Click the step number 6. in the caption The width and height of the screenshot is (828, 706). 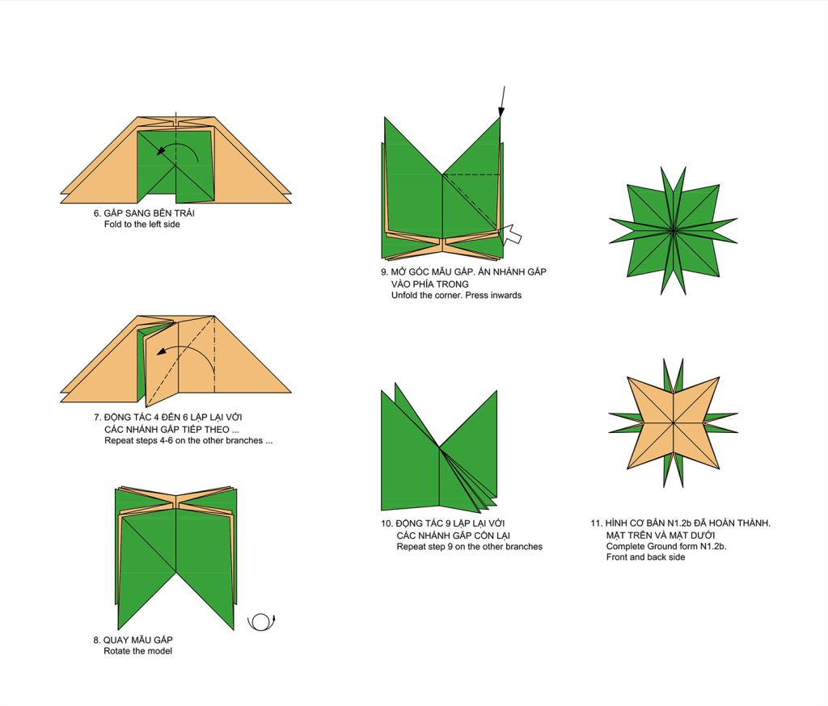tap(97, 213)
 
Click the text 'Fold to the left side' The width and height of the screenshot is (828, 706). tap(142, 225)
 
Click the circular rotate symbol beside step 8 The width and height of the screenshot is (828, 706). tap(261, 623)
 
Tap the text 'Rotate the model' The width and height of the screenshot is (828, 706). tap(137, 651)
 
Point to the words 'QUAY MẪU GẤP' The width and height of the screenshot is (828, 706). tap(137, 640)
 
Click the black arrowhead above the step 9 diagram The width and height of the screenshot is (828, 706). tap(501, 112)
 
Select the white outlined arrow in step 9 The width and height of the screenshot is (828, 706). tap(511, 233)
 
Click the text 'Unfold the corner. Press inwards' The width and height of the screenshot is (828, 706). tap(456, 296)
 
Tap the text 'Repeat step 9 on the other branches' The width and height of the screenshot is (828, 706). tap(470, 547)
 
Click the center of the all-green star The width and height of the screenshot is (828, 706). tap(674, 230)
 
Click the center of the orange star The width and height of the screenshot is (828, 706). tap(674, 423)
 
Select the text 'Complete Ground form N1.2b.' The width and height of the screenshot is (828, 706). tap(666, 547)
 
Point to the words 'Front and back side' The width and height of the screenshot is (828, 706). tap(645, 557)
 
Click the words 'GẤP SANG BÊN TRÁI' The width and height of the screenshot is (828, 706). tap(149, 213)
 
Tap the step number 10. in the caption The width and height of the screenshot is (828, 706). tap(387, 523)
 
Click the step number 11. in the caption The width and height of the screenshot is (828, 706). tap(596, 523)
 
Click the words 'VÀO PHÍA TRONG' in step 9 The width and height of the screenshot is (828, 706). tap(430, 284)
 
